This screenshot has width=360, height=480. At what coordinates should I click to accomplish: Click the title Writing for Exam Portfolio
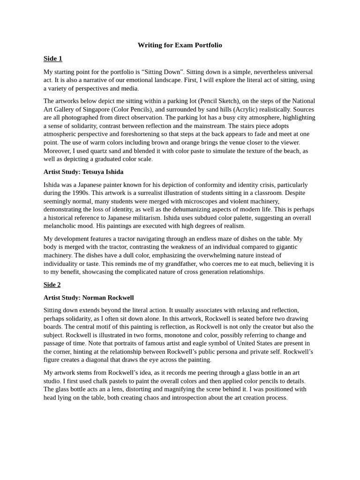click(x=180, y=45)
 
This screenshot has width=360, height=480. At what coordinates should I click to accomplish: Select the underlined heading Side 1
click(x=53, y=59)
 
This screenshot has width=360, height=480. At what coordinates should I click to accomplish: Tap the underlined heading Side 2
click(x=52, y=285)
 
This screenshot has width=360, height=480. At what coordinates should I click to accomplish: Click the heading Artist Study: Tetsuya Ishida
click(x=83, y=172)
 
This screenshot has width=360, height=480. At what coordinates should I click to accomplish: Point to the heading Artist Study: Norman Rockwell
click(x=89, y=298)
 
